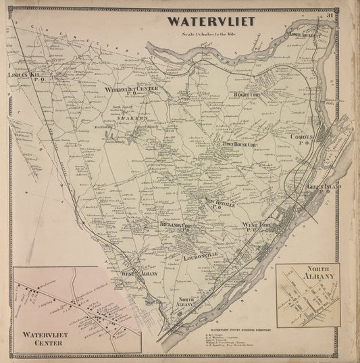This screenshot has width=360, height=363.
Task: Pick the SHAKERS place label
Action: pos(134,117)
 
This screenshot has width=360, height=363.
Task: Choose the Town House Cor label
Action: pos(241,145)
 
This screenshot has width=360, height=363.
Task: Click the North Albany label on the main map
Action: pos(188,301)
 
